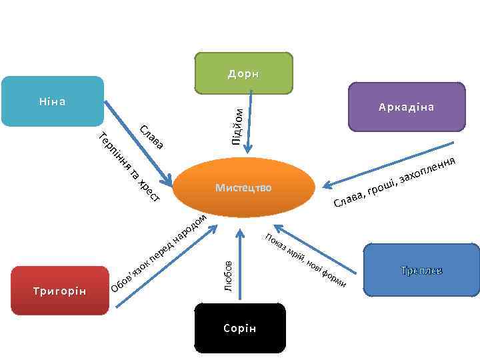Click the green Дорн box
[243, 73]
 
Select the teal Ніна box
[52, 101]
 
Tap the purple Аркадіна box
[407, 107]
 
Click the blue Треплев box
[421, 269]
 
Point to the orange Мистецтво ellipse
[243, 187]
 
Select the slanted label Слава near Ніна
[151, 136]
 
